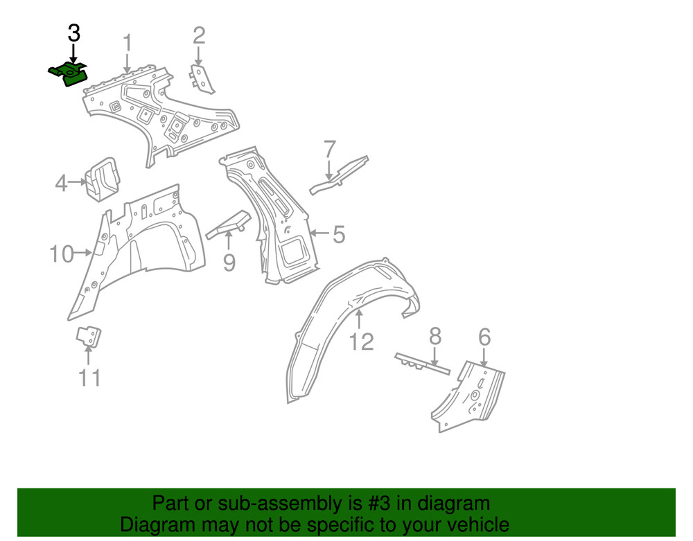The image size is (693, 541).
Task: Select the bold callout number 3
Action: coord(73,33)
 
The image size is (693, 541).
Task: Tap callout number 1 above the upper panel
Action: coord(128,43)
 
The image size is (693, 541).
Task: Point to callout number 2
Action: coord(199,35)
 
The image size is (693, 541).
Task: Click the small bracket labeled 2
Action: coord(200,78)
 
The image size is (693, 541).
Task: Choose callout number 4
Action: coord(62,184)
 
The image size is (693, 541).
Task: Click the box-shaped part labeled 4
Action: coord(101,179)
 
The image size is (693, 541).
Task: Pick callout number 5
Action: coord(338,235)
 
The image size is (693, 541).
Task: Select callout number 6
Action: coord(484,337)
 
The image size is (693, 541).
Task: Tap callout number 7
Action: coord(330,149)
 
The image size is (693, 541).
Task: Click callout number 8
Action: coord(435,337)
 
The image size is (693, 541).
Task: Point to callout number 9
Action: coord(229,263)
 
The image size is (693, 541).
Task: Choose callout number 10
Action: coord(62,254)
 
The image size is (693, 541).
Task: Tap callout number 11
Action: coord(89,378)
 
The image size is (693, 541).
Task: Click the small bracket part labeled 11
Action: coord(87,337)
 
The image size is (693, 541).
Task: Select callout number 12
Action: coord(362,341)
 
